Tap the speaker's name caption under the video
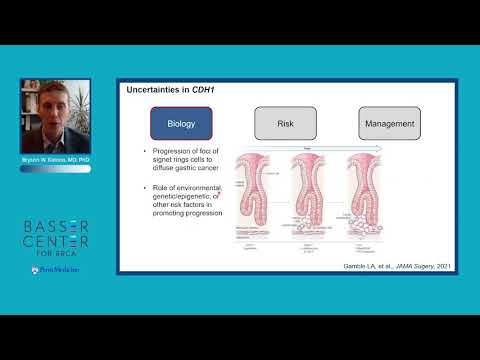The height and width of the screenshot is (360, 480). coord(55,159)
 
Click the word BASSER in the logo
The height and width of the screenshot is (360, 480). coord(56,223)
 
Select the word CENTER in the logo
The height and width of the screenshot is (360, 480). coord(56,243)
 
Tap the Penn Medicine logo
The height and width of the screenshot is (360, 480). coord(56,269)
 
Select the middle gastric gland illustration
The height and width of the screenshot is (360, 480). coord(314,195)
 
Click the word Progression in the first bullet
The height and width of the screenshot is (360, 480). coord(175,152)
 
